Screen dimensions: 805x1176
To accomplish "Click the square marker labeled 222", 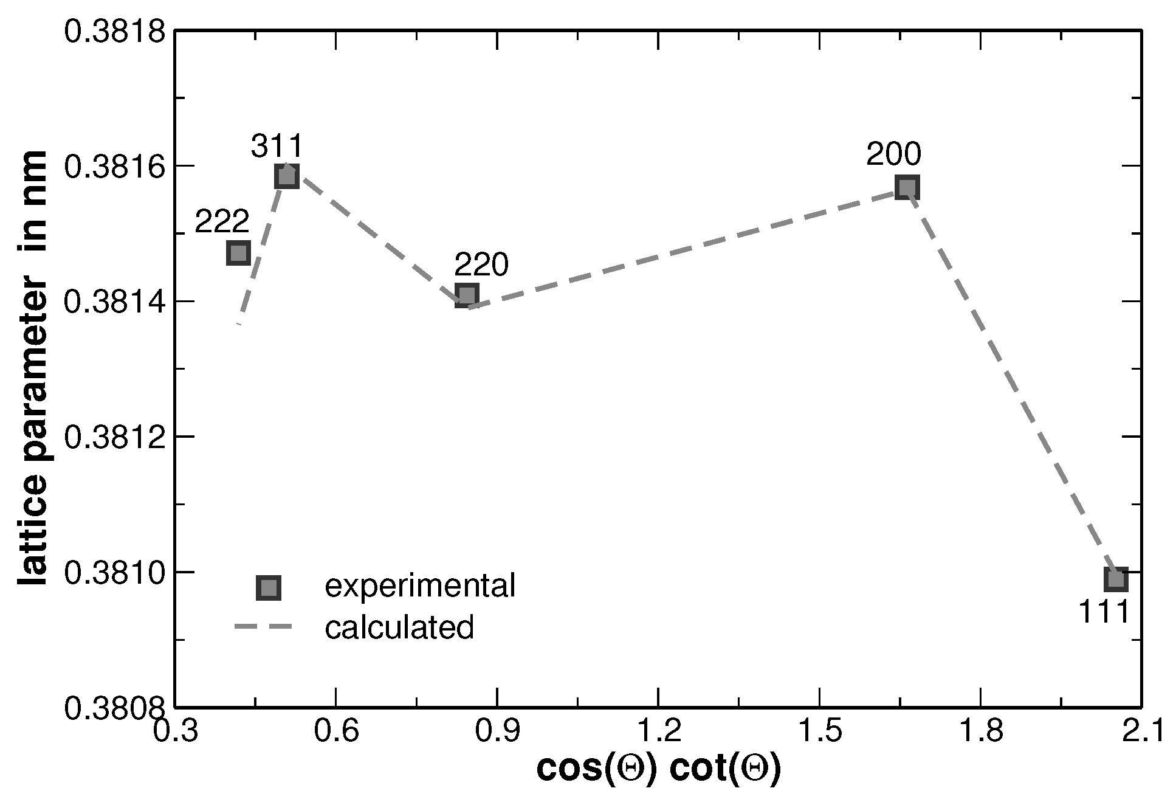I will click(238, 252).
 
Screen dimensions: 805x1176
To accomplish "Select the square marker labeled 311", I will click(286, 176).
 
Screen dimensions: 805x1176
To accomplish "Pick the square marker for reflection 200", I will click(907, 187).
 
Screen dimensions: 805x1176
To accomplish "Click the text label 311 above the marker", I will click(277, 147).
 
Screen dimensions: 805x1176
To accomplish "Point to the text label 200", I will click(893, 154).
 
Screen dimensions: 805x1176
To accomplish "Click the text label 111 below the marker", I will click(1104, 612).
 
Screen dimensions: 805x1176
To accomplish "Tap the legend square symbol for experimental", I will click(268, 588).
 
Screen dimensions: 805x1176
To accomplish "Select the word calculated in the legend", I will click(399, 627).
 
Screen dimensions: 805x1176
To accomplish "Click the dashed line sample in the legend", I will click(263, 627).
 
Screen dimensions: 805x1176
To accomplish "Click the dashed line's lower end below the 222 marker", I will click(239, 323).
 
